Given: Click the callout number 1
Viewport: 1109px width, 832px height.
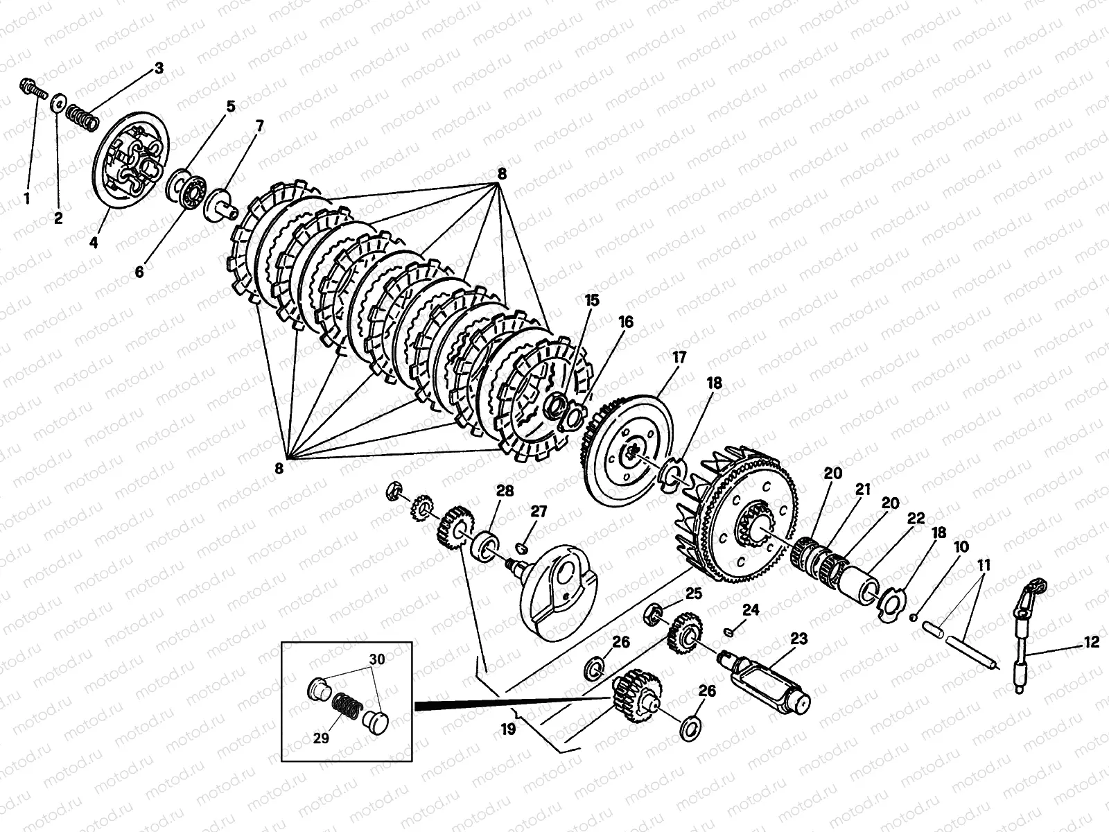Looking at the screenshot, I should [x=27, y=199].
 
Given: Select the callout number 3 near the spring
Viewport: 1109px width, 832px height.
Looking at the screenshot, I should [x=159, y=68].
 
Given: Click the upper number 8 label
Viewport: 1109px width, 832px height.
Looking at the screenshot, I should [x=501, y=173].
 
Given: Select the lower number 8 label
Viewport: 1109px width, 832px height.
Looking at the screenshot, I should [x=279, y=469].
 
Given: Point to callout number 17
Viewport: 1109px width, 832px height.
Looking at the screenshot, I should [x=679, y=358].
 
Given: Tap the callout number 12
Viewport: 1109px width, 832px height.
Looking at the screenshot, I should [x=1091, y=643].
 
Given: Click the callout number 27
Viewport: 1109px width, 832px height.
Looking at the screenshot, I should [x=539, y=512].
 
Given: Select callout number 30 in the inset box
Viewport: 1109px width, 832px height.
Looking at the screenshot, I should [x=376, y=659].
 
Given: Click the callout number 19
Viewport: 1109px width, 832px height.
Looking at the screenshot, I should [x=508, y=729].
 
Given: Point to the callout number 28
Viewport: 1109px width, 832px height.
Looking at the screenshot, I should [x=505, y=491].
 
